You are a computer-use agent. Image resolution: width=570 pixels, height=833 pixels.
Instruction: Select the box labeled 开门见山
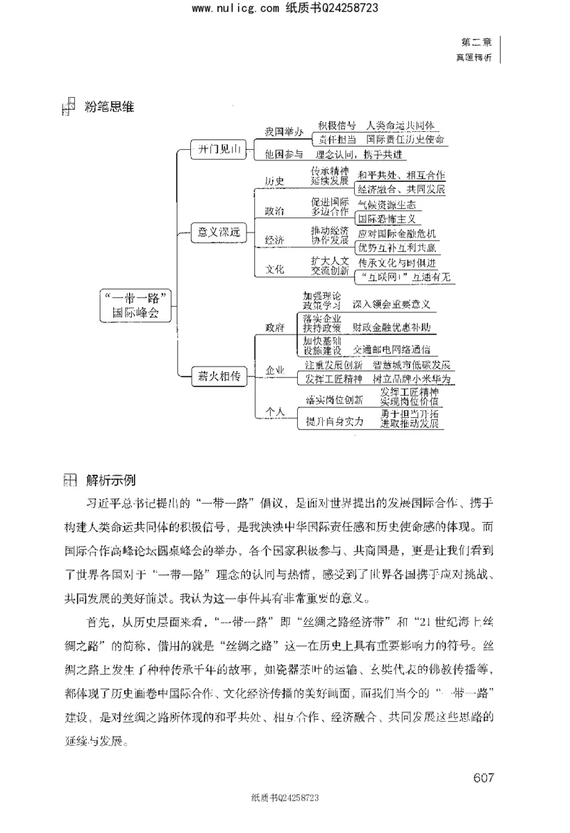[217, 149]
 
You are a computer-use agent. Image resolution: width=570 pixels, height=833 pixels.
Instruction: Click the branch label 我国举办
[283, 132]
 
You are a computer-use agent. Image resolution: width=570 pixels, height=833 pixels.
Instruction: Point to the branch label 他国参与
[283, 154]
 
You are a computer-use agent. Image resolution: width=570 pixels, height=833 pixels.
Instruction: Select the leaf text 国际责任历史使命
[405, 140]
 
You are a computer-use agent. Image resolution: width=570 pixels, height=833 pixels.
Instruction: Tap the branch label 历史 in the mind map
[274, 181]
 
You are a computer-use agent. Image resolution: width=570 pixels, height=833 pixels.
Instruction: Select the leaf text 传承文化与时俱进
[399, 262]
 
